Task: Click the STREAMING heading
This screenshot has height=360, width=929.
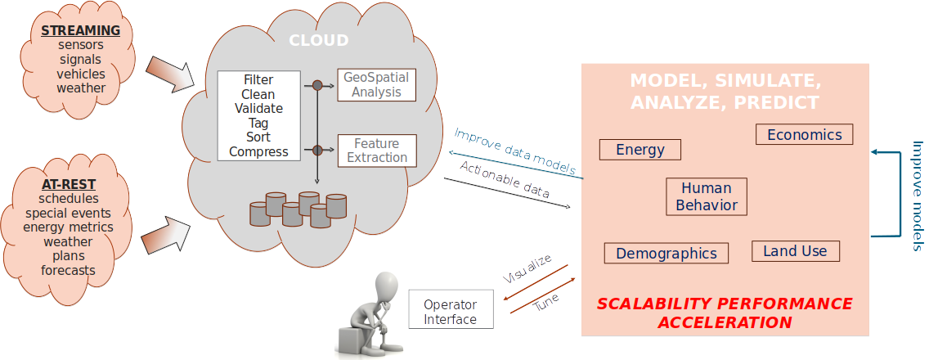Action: click(81, 31)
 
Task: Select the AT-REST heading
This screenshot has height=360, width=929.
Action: click(68, 184)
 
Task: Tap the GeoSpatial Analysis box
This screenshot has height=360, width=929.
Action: click(377, 84)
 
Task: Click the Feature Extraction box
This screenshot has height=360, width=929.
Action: click(377, 151)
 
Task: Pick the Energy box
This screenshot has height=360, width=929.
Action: click(640, 150)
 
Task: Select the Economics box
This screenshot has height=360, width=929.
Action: click(804, 135)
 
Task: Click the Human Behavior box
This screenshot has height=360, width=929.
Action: click(707, 197)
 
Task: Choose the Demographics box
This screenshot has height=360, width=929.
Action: click(666, 254)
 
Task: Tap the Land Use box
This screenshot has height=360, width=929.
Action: click(795, 251)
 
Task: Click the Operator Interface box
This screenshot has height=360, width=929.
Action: click(451, 310)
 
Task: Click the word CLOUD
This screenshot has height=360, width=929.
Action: click(318, 40)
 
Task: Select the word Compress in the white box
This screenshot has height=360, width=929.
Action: click(258, 151)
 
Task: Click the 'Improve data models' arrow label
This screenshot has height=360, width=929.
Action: click(514, 151)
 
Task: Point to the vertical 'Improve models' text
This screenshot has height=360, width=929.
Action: click(918, 195)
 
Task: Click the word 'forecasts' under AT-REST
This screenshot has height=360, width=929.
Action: click(68, 270)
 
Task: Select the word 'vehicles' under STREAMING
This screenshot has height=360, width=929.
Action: click(81, 74)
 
